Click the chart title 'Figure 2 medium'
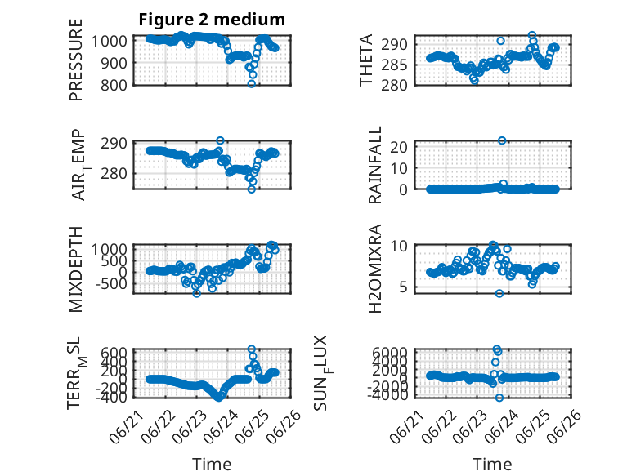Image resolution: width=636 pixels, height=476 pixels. [212, 20]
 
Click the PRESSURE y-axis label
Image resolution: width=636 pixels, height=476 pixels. [76, 60]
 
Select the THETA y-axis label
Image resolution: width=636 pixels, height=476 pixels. [366, 60]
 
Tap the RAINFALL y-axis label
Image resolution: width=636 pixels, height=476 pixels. [374, 165]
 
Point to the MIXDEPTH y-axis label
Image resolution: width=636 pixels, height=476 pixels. [76, 269]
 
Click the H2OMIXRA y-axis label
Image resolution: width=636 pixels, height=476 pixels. [374, 269]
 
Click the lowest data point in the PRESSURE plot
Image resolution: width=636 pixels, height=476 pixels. [252, 84]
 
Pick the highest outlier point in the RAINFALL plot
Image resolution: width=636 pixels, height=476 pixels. [502, 140]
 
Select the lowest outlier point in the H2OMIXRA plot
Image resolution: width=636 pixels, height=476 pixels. [499, 293]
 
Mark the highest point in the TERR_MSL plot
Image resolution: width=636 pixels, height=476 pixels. [252, 349]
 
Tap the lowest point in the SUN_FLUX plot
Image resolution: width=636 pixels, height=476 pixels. [499, 398]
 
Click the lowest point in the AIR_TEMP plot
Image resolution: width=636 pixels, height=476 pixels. [252, 189]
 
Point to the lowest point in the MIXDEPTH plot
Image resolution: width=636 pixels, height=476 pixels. [197, 293]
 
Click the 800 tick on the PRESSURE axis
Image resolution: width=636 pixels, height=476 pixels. [114, 85]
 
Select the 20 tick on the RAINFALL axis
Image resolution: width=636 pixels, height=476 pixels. [399, 147]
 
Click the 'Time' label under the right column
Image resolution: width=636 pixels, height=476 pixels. [492, 464]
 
